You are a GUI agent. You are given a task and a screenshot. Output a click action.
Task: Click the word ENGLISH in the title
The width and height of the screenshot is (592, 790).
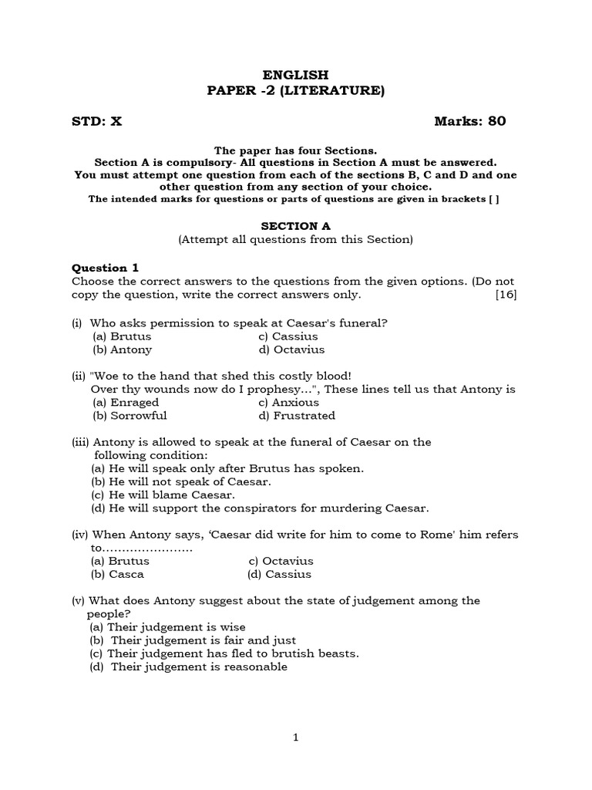point(295,75)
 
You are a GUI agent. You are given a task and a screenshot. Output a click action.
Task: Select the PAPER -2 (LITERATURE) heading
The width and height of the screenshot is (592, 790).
point(295,91)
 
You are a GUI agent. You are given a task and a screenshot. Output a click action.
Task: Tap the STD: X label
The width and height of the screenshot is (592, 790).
point(96,121)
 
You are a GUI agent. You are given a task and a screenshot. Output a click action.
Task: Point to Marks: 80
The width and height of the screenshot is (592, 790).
point(470,121)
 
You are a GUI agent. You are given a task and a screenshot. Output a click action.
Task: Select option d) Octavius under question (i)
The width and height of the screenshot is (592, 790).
point(291,349)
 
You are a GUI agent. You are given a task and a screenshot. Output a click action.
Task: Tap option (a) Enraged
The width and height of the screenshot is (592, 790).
point(126,402)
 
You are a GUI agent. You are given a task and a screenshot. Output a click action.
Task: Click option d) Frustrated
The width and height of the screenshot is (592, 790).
point(297,415)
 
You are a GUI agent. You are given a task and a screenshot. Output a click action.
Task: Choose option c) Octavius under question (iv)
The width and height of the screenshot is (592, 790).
point(281,561)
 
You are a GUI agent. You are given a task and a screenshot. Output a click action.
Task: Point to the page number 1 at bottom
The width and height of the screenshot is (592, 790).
point(296,738)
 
